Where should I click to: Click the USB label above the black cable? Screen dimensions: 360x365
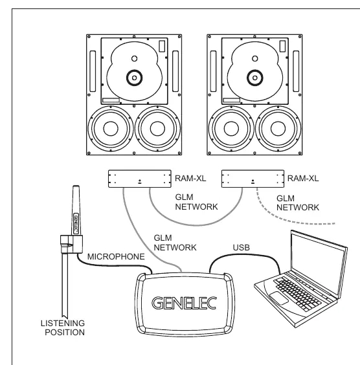click(x=242, y=247)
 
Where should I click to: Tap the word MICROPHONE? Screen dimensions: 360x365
click(x=116, y=256)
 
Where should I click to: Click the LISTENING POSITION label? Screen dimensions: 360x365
click(x=63, y=327)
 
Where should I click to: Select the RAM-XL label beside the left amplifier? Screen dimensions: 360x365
click(x=190, y=179)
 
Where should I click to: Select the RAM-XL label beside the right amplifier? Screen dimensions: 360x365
click(x=303, y=179)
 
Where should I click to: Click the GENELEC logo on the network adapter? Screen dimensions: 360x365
click(x=184, y=303)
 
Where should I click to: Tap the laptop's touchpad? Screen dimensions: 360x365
click(x=278, y=298)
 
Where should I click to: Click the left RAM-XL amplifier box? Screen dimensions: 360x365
click(x=140, y=179)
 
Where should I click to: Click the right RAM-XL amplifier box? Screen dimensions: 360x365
click(x=253, y=179)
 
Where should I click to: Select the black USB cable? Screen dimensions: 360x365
click(x=245, y=255)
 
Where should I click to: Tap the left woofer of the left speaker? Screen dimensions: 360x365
click(x=111, y=129)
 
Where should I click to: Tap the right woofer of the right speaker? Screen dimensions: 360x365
click(x=278, y=129)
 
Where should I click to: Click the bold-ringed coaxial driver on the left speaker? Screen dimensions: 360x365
click(x=135, y=78)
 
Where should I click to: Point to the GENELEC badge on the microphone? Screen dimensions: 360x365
click(x=76, y=223)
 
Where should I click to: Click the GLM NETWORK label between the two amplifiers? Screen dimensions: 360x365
click(x=196, y=202)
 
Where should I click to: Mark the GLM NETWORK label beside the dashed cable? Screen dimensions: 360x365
click(x=298, y=203)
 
